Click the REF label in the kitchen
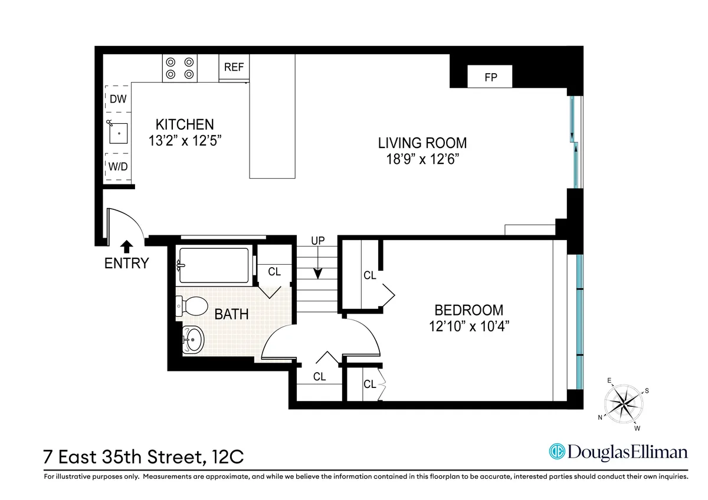tap(234, 67)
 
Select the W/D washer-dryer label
tap(118, 166)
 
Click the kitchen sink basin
tap(119, 134)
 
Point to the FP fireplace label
tap(490, 77)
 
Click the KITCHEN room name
tap(184, 124)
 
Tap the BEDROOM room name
tap(469, 310)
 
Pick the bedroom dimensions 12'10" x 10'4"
tap(469, 326)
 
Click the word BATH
tap(231, 314)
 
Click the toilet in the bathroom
tap(192, 306)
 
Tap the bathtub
tap(214, 266)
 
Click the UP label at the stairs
tap(319, 241)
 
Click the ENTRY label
tap(126, 263)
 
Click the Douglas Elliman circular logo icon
tap(557, 452)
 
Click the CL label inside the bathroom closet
tap(274, 272)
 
